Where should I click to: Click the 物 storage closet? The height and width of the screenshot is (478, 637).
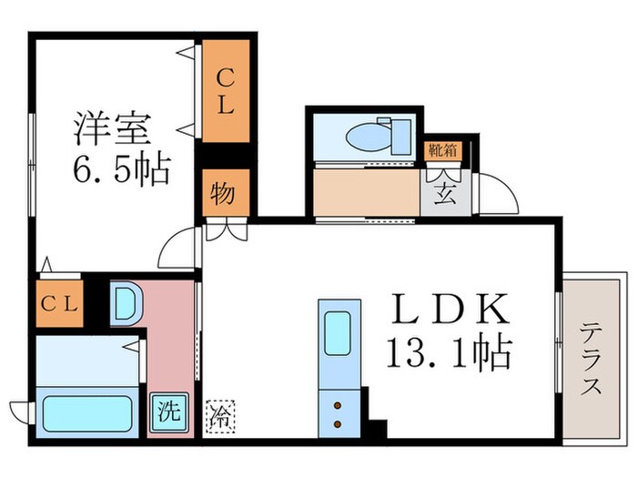(x=221, y=194)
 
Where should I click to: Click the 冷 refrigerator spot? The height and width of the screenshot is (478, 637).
(x=219, y=415)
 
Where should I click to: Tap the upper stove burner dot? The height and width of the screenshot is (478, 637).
(x=338, y=406)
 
